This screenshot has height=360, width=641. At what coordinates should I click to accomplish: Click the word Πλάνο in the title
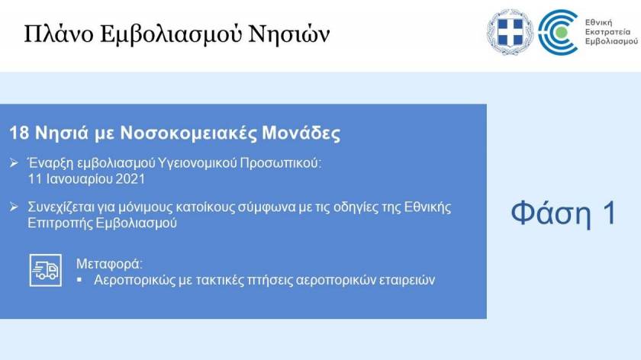[59, 34]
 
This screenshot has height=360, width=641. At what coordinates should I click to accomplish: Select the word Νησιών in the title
[289, 34]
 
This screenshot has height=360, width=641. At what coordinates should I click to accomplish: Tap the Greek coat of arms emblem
[510, 32]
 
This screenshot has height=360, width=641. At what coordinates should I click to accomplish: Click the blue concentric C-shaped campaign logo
[558, 32]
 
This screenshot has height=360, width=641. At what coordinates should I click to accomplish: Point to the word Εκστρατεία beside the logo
[607, 32]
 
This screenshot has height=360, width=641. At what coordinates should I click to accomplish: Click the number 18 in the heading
[19, 133]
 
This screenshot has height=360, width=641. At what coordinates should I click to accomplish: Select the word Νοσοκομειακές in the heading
[188, 133]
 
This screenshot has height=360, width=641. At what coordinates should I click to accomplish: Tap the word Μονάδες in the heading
[301, 133]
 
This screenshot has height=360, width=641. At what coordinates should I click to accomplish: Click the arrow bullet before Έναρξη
[14, 163]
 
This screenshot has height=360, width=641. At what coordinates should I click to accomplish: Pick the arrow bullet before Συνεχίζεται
[14, 207]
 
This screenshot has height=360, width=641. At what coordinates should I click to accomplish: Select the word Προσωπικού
[281, 163]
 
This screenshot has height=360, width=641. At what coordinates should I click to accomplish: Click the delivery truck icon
[46, 270]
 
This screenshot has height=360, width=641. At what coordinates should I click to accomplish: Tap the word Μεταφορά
[109, 264]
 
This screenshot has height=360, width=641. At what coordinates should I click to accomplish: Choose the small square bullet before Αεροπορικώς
[79, 280]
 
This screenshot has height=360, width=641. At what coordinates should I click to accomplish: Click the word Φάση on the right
[550, 213]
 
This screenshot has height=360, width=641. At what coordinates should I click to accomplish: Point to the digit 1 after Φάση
[610, 212]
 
